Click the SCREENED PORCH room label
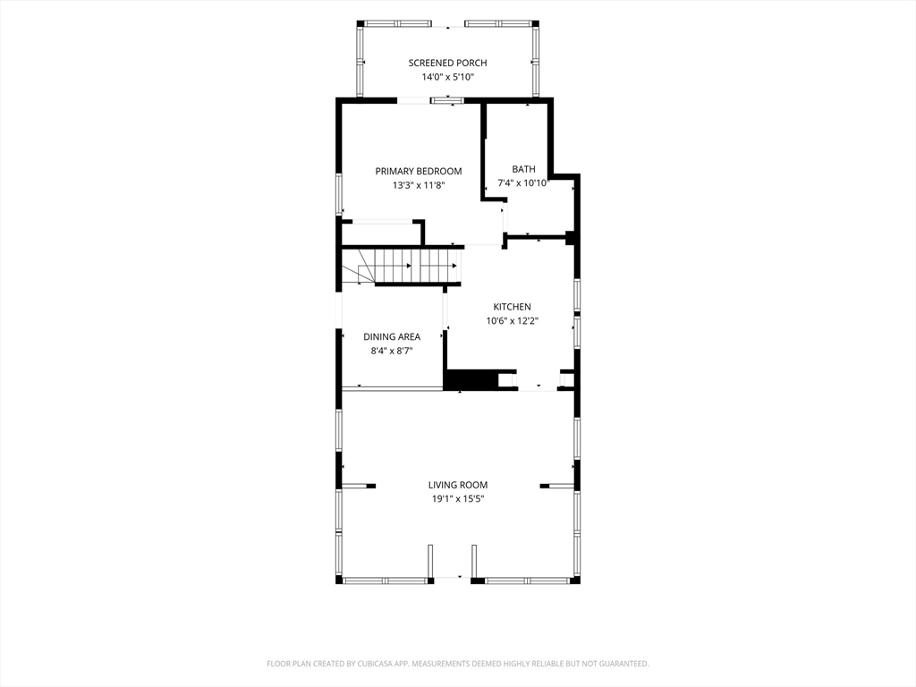[447, 64]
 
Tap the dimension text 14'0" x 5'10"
[447, 77]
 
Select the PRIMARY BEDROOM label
[419, 171]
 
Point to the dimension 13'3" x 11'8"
[419, 185]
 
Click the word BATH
[523, 169]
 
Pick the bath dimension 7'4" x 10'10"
[523, 182]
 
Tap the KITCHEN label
[513, 307]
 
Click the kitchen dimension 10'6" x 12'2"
[513, 321]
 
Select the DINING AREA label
[392, 337]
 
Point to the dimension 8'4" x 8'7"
[392, 351]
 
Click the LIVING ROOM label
[458, 485]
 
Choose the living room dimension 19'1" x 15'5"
[458, 499]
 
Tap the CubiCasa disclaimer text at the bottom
[458, 664]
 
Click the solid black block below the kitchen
[471, 379]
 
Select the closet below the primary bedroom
[381, 233]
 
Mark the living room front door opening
[452, 578]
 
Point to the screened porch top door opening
[449, 25]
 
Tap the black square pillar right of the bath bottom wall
[572, 238]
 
